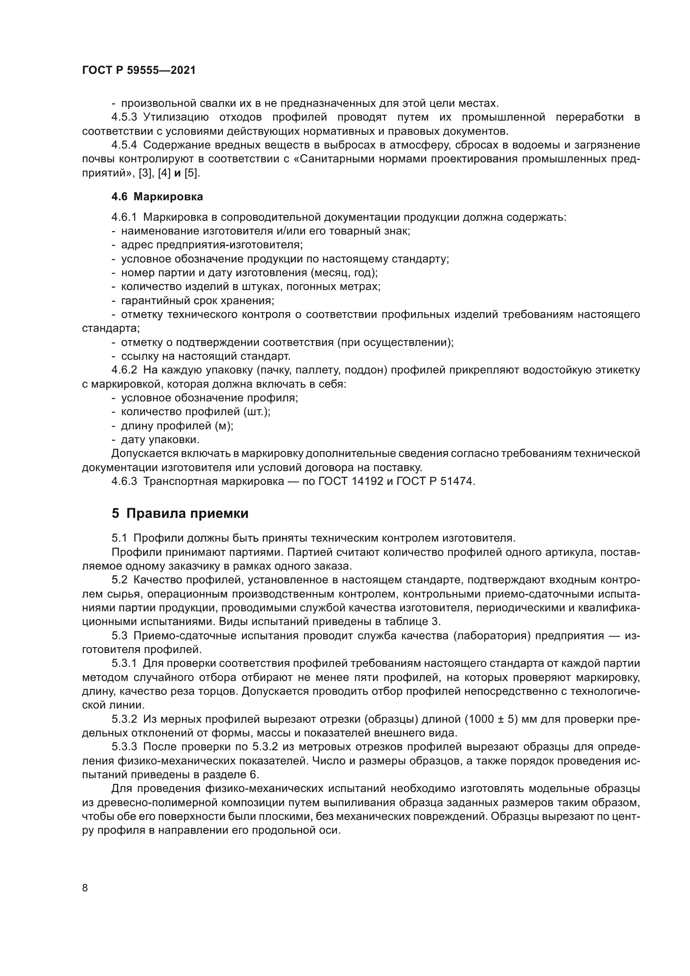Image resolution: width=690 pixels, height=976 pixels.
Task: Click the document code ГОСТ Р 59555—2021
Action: (x=139, y=71)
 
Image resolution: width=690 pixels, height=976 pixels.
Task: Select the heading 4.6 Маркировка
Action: (x=157, y=197)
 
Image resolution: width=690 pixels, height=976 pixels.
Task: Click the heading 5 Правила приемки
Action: (x=180, y=514)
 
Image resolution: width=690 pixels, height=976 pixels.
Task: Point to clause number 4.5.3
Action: (x=124, y=117)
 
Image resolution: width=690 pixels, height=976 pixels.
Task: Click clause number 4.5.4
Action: (x=124, y=145)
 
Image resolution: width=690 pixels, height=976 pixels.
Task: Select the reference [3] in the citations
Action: (x=146, y=174)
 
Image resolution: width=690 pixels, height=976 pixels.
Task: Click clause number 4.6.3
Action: (x=124, y=482)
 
